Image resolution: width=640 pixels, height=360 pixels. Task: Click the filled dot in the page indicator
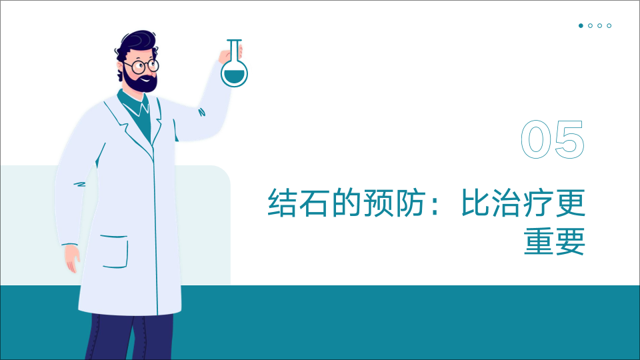581,26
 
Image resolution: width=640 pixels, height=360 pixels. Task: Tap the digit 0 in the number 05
536,139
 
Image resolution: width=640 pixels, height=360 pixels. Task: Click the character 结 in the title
282,203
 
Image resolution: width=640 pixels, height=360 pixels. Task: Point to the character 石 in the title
314,203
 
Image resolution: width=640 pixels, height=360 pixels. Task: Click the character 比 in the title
475,203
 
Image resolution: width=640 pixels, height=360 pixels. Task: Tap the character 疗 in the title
539,203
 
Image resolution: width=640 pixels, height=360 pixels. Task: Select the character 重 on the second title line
539,241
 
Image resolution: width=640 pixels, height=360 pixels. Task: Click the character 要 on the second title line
571,241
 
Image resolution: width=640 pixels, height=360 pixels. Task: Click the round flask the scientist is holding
234,73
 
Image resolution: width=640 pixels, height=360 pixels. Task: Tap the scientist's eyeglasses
141,66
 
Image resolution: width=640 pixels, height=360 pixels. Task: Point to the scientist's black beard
140,81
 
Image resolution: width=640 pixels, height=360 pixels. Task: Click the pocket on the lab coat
115,251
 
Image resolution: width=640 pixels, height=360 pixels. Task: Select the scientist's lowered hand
72,259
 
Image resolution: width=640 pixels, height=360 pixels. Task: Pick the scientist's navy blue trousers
129,337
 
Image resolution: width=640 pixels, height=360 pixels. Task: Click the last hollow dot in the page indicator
609,26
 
